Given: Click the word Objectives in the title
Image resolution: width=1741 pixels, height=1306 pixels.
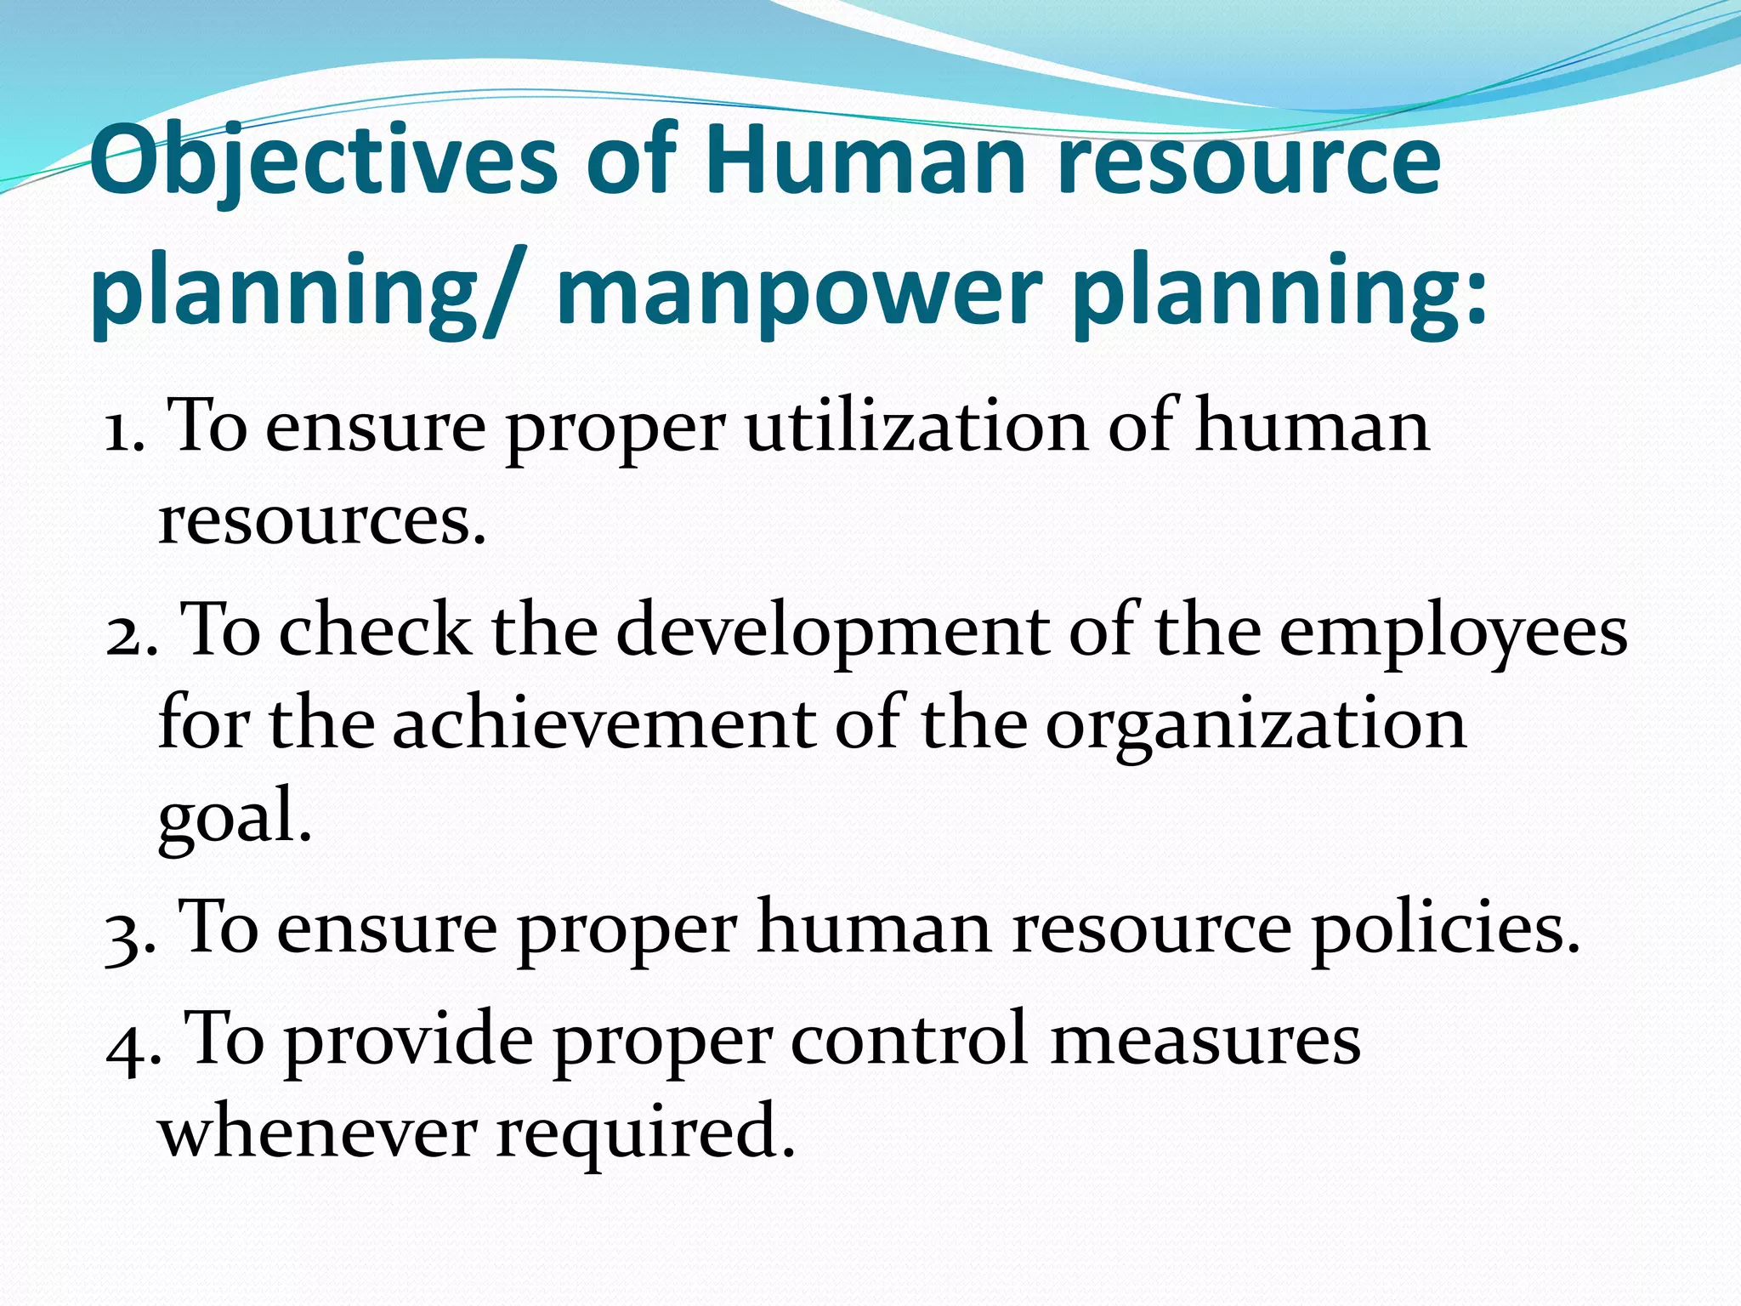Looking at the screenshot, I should tap(324, 162).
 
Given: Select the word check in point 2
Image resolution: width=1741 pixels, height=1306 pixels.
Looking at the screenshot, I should tap(375, 631).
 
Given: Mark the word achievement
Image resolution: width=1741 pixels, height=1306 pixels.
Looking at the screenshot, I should tap(603, 724).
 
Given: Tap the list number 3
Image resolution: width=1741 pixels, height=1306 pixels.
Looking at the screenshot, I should tap(128, 931).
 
